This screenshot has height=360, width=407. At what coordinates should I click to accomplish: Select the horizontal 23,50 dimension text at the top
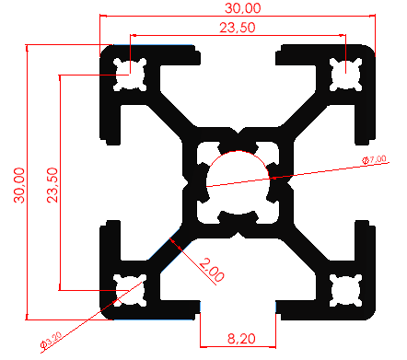(x=238, y=29)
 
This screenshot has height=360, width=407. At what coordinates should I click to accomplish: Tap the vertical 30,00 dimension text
(x=16, y=183)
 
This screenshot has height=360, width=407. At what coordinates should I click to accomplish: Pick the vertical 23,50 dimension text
(x=52, y=183)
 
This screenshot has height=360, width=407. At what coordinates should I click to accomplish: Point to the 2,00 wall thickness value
(x=212, y=273)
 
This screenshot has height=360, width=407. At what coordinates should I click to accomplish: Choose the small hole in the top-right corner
(x=346, y=74)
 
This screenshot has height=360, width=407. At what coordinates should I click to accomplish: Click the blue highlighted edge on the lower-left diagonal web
(x=171, y=241)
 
